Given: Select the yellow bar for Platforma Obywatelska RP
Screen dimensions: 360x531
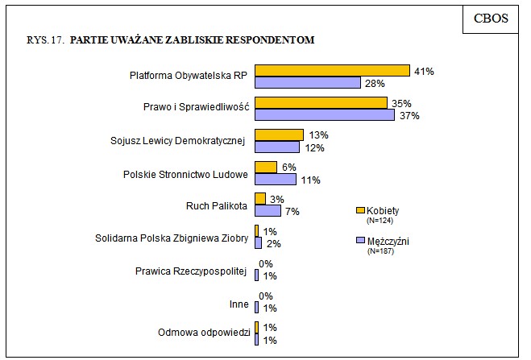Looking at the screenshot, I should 332,71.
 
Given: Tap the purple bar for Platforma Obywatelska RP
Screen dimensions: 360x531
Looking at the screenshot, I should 307,83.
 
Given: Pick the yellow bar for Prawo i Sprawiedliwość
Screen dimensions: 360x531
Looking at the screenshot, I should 321,103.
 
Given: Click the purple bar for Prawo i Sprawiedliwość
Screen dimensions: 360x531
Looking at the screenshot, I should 324,115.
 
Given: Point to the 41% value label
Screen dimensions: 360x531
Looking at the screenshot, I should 424,72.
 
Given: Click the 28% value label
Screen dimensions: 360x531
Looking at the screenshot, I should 373,84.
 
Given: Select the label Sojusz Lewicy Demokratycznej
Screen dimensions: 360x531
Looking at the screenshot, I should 176,141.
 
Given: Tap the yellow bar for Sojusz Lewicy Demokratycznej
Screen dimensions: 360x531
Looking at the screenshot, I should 279,135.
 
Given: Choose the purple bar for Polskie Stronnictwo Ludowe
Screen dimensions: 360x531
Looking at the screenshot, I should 275,180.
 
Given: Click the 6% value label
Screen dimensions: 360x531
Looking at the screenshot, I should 288,168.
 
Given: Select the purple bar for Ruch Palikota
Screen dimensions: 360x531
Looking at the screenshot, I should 268,211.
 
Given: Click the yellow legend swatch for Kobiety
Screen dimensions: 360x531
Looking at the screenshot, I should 360,210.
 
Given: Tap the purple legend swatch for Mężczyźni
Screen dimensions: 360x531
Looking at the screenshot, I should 360,241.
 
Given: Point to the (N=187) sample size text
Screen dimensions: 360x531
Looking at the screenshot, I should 380,251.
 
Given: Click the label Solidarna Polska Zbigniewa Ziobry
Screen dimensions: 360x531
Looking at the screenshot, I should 170,238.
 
